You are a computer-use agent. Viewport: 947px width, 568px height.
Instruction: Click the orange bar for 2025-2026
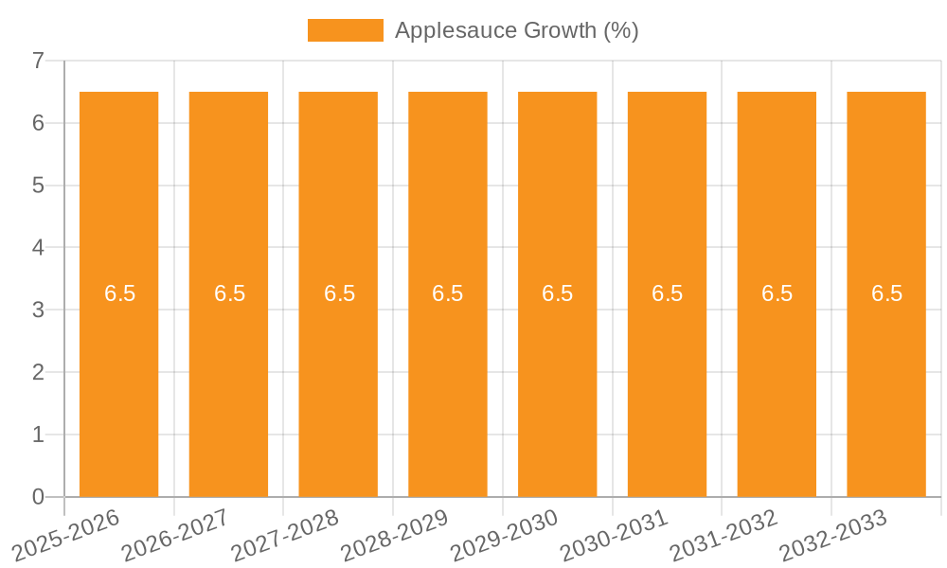(118, 379)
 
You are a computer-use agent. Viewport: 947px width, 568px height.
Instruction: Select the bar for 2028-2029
(448, 379)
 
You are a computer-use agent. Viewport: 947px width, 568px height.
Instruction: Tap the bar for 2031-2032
(777, 379)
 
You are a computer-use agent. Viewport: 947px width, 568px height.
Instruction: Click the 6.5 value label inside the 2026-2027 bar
(229, 293)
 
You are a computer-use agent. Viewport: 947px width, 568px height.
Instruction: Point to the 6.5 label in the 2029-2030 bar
(558, 293)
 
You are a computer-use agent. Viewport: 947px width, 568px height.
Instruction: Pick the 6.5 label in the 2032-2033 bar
(886, 293)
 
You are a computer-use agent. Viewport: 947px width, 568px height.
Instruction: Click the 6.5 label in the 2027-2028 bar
(339, 293)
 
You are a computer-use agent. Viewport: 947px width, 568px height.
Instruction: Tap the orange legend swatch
(346, 30)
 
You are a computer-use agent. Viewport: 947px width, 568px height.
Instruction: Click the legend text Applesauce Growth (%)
(516, 30)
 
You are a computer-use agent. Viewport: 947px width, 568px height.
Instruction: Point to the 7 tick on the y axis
(38, 61)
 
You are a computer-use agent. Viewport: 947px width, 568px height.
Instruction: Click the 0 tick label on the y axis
(38, 497)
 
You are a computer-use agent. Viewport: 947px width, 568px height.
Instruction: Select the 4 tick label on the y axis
(38, 248)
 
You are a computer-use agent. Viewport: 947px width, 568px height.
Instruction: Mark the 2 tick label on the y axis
(38, 372)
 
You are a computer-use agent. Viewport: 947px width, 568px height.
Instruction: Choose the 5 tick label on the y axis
(38, 186)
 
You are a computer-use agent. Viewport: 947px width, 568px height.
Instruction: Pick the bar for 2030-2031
(667, 379)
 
